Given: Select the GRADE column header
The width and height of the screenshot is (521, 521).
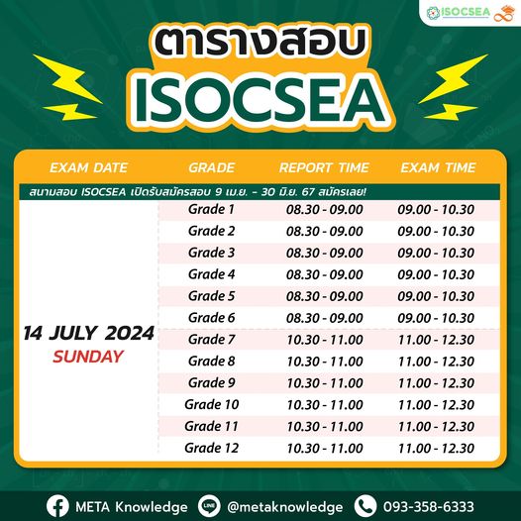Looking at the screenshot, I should (x=210, y=166).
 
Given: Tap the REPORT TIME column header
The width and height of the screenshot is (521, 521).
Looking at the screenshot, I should (x=324, y=166).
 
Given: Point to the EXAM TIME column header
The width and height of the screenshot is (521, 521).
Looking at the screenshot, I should (x=437, y=166).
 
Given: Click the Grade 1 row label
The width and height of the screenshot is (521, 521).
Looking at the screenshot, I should (x=211, y=209).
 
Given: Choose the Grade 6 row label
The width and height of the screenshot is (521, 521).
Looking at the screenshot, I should (x=211, y=317).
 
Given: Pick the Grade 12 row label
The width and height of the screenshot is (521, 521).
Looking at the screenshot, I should (x=211, y=448).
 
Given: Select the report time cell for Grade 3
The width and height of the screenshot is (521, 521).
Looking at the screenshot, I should (x=324, y=253).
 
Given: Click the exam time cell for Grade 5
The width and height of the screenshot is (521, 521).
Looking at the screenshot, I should (x=437, y=296).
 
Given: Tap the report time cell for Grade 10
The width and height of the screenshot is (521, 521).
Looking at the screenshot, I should (x=324, y=404).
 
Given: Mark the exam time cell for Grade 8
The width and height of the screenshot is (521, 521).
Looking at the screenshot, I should (x=437, y=362).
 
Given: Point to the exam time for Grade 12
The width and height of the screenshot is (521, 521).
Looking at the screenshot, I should (x=437, y=448).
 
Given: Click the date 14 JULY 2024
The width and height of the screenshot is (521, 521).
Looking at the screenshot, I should (x=88, y=333).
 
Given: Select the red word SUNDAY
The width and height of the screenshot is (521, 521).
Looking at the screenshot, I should (x=88, y=356).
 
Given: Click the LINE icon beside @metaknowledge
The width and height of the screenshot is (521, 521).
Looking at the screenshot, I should (x=209, y=505).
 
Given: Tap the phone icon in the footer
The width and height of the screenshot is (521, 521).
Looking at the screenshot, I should (x=365, y=505).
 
